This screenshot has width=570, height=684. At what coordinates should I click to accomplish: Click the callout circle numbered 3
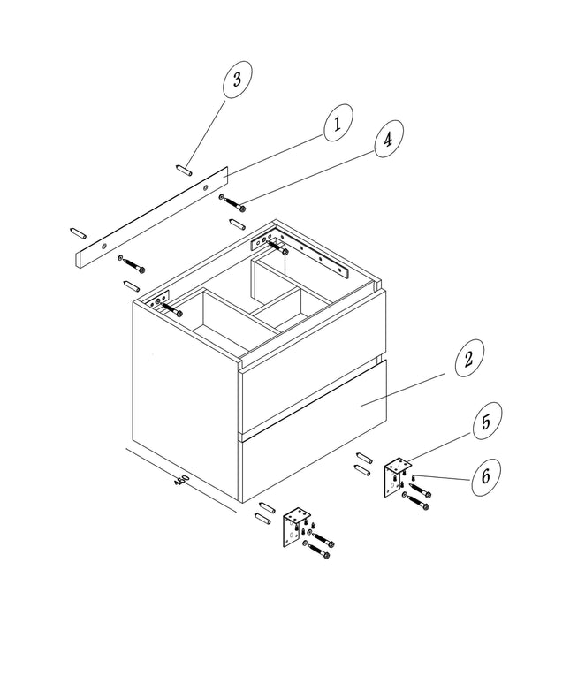pyautogui.click(x=237, y=80)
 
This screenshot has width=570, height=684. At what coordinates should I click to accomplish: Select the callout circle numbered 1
pyautogui.click(x=338, y=123)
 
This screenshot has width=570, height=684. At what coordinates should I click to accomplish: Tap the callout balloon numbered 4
pyautogui.click(x=388, y=139)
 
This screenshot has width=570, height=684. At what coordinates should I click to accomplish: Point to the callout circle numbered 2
pyautogui.click(x=469, y=358)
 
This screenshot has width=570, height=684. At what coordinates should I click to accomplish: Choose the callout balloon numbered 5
pyautogui.click(x=487, y=422)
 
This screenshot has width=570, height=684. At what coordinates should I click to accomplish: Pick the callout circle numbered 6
pyautogui.click(x=486, y=476)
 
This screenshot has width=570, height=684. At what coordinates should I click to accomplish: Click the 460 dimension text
pyautogui.click(x=181, y=480)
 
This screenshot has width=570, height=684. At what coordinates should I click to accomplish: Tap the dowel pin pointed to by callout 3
pyautogui.click(x=184, y=170)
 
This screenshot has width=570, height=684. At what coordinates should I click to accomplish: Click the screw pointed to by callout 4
pyautogui.click(x=232, y=203)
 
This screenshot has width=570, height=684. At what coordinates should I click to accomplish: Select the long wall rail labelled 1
pyautogui.click(x=152, y=217)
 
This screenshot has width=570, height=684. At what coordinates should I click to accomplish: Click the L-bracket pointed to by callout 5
pyautogui.click(x=397, y=477)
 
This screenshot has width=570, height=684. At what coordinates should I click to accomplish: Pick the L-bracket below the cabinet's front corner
pyautogui.click(x=296, y=527)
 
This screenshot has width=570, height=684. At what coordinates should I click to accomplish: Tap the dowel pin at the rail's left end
pyautogui.click(x=78, y=233)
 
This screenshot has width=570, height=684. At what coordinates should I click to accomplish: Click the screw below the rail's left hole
pyautogui.click(x=132, y=265)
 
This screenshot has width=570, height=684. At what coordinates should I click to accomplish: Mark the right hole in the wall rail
pyautogui.click(x=205, y=187)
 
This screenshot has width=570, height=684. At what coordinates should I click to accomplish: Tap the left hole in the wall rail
pyautogui.click(x=103, y=247)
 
